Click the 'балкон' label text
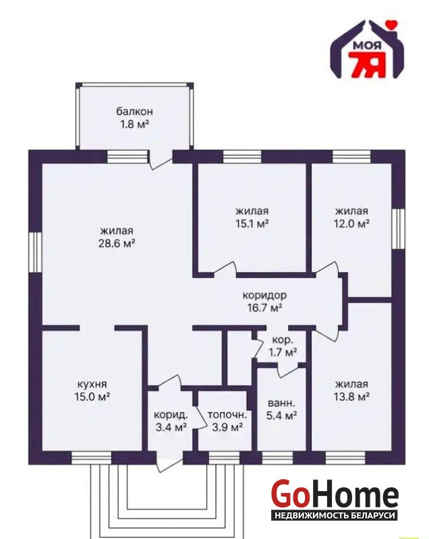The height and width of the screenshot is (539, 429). [x=134, y=111]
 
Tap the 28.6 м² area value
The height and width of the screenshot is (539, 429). [x=116, y=243]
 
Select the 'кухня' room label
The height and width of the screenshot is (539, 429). [x=92, y=383]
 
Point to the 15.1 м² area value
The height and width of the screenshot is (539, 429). [x=252, y=224]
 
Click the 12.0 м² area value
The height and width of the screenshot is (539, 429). [x=351, y=224]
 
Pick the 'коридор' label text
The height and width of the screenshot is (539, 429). [x=264, y=295]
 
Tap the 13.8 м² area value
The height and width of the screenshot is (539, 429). [x=351, y=397]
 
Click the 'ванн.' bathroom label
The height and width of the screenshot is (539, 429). [x=281, y=402]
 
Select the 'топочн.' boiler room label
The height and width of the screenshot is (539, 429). [x=227, y=414]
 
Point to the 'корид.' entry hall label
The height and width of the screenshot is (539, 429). [x=171, y=414]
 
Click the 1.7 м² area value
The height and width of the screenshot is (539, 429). [x=283, y=352]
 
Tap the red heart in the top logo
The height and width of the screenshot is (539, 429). [x=391, y=24]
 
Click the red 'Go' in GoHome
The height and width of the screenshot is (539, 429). [x=289, y=494]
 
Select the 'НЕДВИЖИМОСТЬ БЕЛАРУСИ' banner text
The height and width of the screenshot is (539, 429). [x=335, y=515]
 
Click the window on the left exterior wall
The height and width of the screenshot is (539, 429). [x=35, y=253]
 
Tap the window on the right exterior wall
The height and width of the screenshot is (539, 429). [x=399, y=228]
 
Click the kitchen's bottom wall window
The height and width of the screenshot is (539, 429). [x=92, y=458]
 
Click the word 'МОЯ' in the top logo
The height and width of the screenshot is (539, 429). [x=367, y=45]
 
